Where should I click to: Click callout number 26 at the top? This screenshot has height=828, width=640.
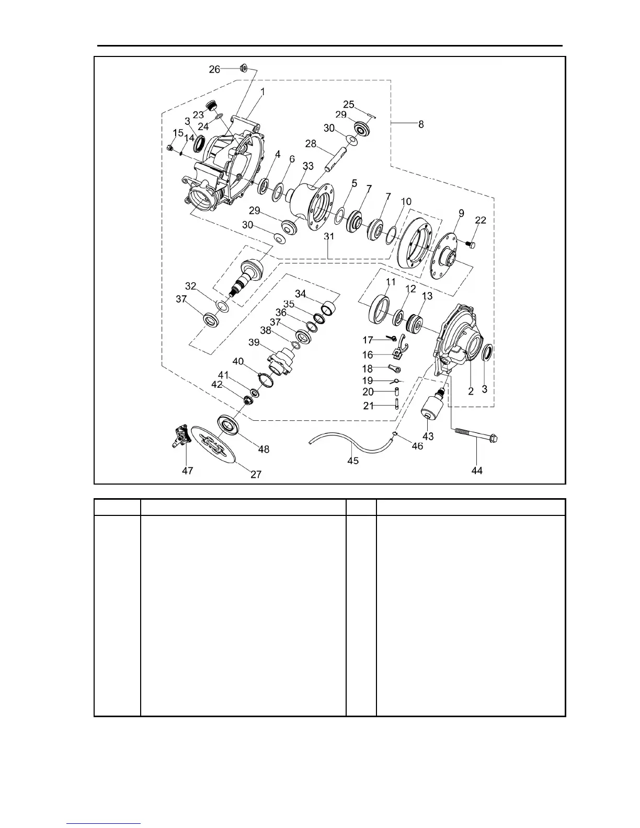click(x=214, y=69)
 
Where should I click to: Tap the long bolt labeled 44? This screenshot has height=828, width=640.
click(x=476, y=435)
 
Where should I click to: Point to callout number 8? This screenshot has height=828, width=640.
click(x=421, y=124)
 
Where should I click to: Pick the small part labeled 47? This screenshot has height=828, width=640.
click(x=180, y=434)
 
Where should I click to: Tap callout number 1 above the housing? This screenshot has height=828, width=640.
click(x=262, y=91)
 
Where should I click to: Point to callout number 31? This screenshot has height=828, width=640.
click(x=329, y=237)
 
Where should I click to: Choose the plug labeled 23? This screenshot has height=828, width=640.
click(x=211, y=106)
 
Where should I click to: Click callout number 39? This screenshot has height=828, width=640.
click(x=254, y=342)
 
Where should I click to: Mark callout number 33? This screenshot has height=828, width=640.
click(x=308, y=166)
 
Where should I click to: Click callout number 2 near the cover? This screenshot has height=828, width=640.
click(x=471, y=391)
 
